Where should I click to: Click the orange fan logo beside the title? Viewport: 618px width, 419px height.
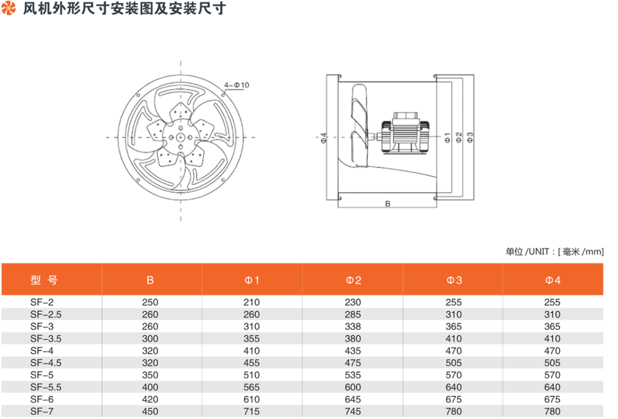[8, 8]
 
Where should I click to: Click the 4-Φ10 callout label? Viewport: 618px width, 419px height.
[236, 85]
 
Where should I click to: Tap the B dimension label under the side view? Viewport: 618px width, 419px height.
[388, 204]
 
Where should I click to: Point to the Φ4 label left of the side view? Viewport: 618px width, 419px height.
[324, 138]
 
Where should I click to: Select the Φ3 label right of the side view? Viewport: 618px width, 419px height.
[470, 137]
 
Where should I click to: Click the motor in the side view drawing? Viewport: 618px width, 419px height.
[405, 133]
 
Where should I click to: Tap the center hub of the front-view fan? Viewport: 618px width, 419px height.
[180, 137]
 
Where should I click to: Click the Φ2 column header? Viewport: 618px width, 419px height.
[353, 280]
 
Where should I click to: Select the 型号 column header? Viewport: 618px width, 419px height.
[44, 280]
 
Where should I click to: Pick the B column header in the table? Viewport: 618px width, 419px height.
[150, 280]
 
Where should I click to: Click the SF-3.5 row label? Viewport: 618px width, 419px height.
[45, 339]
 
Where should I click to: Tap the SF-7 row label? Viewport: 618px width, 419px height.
[42, 412]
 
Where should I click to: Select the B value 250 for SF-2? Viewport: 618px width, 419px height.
[150, 303]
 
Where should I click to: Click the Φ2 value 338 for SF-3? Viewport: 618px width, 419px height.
[353, 326]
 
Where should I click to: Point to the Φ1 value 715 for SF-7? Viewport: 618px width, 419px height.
[251, 412]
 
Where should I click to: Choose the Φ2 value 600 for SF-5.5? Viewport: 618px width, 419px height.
[353, 387]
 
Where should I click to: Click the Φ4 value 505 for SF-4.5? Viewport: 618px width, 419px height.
[552, 363]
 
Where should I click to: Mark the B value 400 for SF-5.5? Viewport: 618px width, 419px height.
[150, 387]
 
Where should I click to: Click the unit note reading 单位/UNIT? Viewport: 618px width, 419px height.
[555, 252]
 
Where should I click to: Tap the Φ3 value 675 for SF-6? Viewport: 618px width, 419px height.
[454, 399]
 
